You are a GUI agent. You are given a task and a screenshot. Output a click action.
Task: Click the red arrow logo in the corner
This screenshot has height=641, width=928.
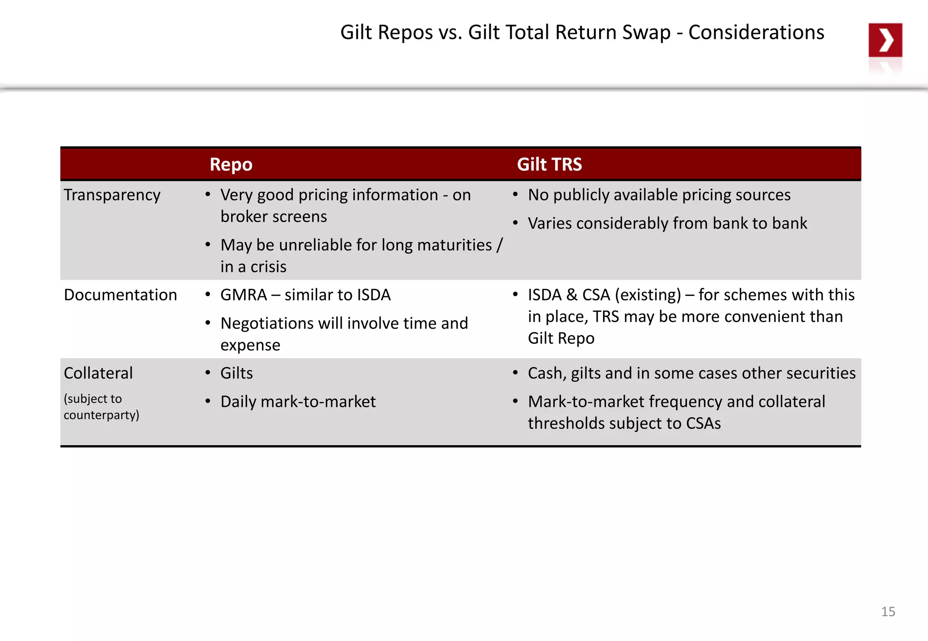coord(885,40)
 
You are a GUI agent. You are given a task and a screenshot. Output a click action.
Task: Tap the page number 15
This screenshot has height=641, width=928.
coord(888,612)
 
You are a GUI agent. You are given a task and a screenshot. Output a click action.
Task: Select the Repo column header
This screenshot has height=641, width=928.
coord(231,165)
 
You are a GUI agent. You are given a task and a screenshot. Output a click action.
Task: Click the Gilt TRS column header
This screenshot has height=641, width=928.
coord(549,165)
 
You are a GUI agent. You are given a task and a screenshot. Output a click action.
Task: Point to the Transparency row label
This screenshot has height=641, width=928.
coord(112,195)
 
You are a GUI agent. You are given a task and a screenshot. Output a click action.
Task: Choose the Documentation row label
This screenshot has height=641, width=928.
coord(120,295)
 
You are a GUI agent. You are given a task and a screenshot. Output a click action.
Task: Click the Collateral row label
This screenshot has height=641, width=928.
coord(98,373)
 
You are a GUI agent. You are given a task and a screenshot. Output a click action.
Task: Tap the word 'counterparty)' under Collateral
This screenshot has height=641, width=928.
coord(101,415)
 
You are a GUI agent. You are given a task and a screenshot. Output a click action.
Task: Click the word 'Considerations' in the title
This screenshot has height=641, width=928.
coord(756,33)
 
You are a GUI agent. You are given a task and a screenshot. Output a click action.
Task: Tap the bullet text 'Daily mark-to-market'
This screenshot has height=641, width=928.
coord(298,402)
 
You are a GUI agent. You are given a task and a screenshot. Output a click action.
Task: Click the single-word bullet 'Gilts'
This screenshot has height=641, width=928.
coord(237,373)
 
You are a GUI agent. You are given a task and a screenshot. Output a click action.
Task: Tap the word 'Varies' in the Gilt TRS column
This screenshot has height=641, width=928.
coord(550,223)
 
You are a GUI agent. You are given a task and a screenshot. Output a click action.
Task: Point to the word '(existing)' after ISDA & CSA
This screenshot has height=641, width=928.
coord(648,295)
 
